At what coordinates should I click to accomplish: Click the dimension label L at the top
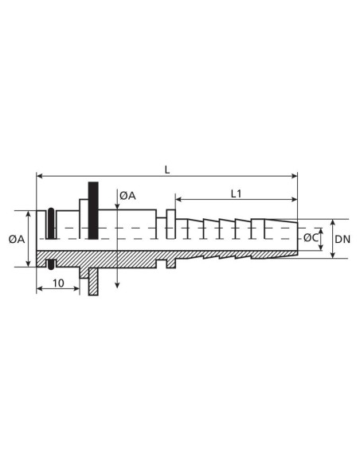point(167,170)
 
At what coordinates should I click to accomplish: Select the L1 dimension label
point(237,194)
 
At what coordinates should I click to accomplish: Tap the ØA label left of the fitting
point(17,239)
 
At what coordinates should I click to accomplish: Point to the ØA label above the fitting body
point(127,196)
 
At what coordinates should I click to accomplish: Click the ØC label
point(311,237)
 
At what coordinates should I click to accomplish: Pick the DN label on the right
point(342,239)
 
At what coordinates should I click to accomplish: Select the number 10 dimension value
point(58,283)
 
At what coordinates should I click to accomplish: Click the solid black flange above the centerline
point(93,210)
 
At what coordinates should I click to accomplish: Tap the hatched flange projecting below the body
point(93,281)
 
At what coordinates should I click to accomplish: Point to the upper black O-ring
point(51,223)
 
